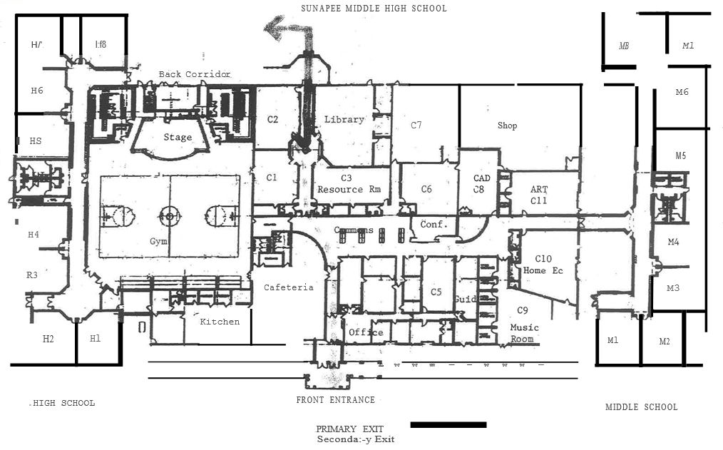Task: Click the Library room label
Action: coord(344,119)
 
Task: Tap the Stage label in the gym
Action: coord(178,137)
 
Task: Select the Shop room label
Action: coord(507,126)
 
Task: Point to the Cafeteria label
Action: coord(289,287)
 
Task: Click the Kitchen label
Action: coord(220,322)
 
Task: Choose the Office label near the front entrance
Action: coord(366,332)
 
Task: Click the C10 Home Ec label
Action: coord(543,265)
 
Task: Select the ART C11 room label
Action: coord(539,195)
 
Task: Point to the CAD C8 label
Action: coord(482,183)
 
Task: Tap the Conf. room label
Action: coord(434,224)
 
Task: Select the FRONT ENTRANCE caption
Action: coord(335,400)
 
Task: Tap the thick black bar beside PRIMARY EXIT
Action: coord(448,425)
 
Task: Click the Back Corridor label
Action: coord(195,74)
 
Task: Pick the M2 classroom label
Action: coord(664,342)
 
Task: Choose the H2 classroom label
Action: coord(48,339)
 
